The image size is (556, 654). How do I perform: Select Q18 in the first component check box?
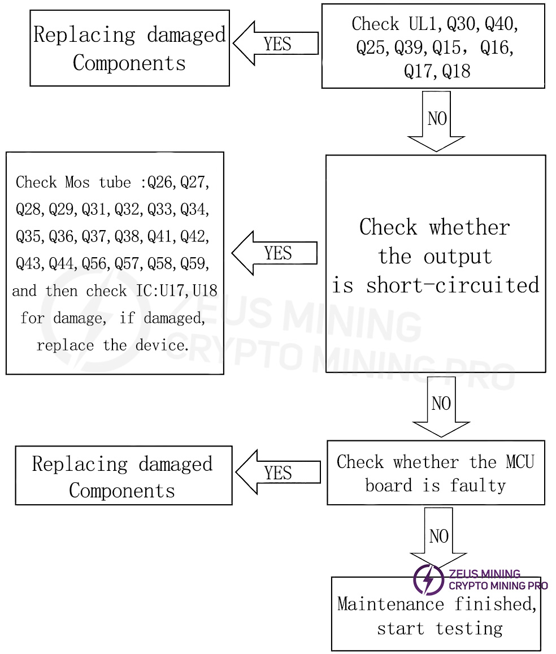[456, 71]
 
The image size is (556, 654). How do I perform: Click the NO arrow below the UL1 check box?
[436, 120]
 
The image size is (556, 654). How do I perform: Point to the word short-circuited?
[453, 285]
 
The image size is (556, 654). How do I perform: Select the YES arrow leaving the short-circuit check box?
[275, 253]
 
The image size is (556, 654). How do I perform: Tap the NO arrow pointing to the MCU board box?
[441, 405]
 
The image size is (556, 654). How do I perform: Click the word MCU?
[520, 462]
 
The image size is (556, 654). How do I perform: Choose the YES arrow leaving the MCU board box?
[277, 473]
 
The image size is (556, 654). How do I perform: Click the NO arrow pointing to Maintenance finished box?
[438, 537]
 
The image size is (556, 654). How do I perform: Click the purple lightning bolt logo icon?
[428, 579]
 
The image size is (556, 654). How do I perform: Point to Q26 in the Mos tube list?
[160, 182]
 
